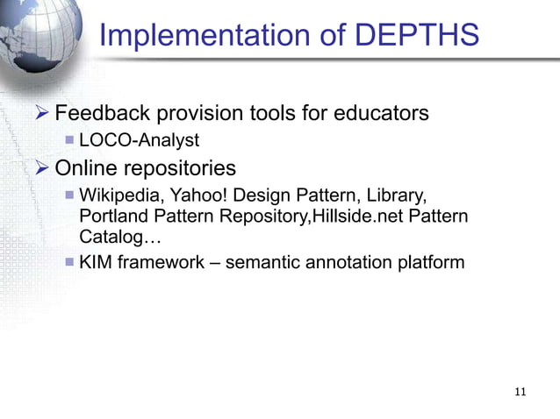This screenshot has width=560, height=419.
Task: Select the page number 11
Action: coord(521,392)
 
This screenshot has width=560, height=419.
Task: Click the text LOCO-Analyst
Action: coord(139,140)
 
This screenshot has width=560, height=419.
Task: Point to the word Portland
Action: coord(113,216)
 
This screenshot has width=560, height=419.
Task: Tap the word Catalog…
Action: coord(112,237)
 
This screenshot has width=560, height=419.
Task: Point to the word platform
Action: coord(429,261)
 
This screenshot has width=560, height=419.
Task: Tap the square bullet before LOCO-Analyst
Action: coord(69,140)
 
